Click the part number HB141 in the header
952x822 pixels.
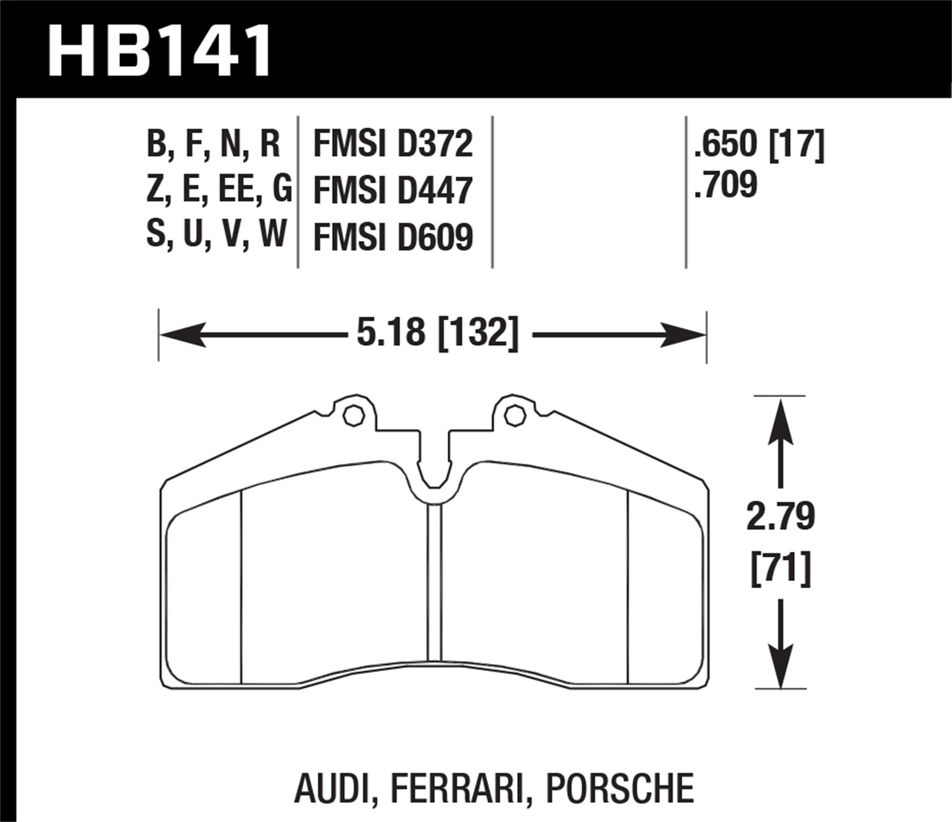(x=160, y=49)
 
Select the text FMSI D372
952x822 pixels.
(x=393, y=144)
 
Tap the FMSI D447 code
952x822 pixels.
(x=393, y=190)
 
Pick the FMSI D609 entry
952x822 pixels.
(x=393, y=237)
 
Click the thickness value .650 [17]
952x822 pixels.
(x=759, y=144)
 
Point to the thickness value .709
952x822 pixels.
(x=726, y=185)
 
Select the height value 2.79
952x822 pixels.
(x=780, y=517)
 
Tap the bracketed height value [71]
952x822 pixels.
(x=780, y=568)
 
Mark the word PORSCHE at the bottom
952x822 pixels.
(x=619, y=788)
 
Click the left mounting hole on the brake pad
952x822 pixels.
(x=353, y=415)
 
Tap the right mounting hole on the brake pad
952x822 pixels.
(x=513, y=415)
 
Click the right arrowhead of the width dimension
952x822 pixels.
(x=683, y=334)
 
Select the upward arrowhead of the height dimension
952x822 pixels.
(x=780, y=419)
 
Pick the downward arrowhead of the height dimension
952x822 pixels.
(x=780, y=666)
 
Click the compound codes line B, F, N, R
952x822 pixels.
(x=213, y=144)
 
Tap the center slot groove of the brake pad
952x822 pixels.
(x=434, y=584)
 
